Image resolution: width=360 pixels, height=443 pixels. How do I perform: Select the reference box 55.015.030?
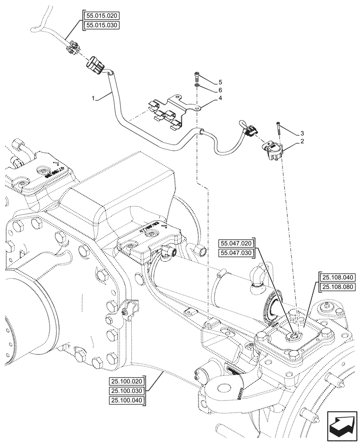(101, 25)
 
